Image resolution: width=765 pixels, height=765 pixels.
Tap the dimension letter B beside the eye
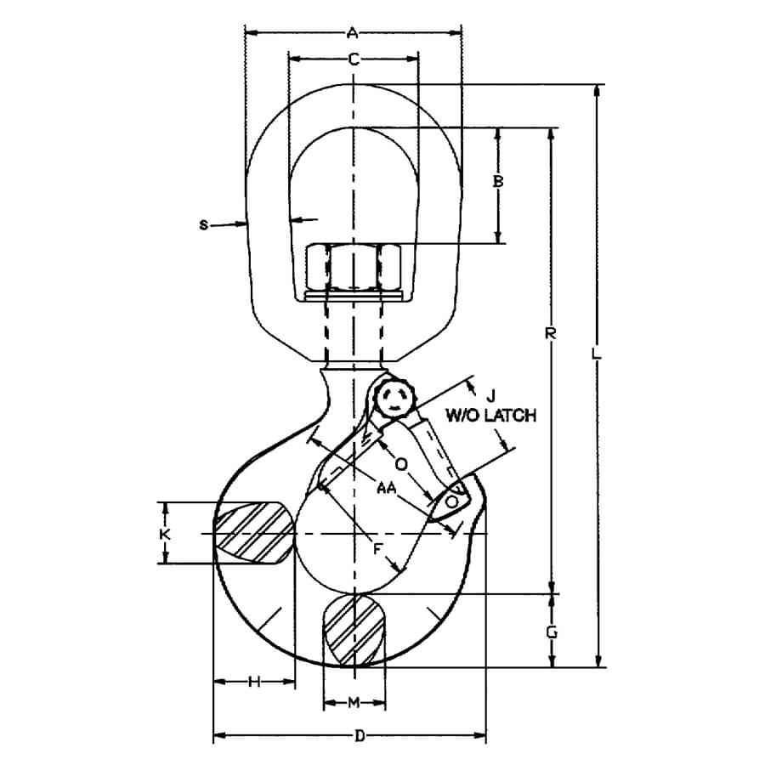point(499,181)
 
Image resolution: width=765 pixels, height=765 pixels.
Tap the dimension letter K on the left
point(167,533)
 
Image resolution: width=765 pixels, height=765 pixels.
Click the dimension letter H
point(253,682)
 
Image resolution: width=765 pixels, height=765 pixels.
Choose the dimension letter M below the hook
point(355,701)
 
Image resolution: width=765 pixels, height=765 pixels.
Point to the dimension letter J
point(490,394)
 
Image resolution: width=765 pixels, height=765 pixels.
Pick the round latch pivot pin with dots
point(395,399)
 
